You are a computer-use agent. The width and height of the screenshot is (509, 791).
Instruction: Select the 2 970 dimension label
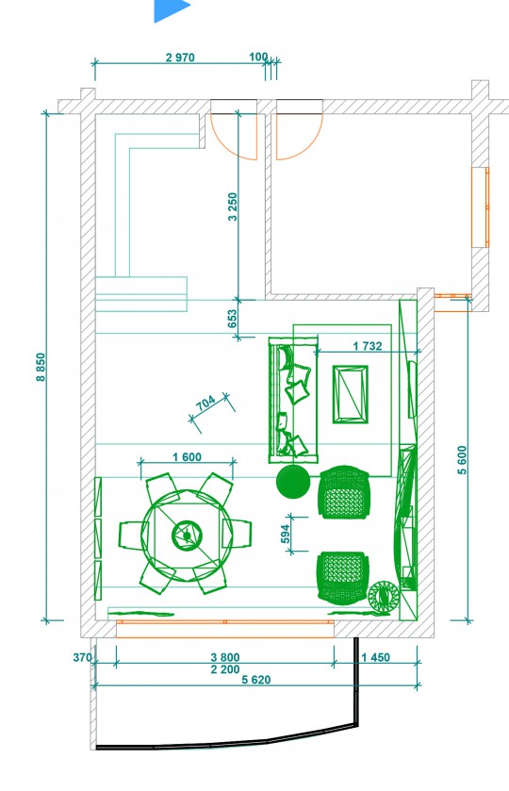[180, 58]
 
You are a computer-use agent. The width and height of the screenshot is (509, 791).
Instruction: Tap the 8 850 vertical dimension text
[41, 367]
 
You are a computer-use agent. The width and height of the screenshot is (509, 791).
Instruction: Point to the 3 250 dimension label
[232, 206]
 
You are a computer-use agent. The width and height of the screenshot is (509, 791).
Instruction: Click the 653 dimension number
[232, 319]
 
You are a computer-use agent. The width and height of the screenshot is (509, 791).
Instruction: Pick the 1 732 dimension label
[368, 346]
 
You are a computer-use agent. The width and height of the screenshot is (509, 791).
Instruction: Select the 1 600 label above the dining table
[187, 457]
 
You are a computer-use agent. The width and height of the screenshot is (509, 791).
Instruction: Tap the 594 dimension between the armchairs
[285, 535]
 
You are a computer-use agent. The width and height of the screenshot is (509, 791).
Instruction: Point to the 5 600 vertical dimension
[462, 459]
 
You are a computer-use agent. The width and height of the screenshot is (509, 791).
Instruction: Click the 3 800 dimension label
[225, 657]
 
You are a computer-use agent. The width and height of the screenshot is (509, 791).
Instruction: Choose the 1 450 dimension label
[375, 657]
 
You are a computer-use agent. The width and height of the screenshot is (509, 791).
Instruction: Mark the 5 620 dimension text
[255, 680]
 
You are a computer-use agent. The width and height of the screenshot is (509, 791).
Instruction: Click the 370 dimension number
[82, 657]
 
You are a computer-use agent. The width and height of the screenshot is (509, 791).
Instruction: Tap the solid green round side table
[293, 482]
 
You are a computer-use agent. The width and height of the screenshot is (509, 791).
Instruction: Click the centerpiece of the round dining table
[188, 535]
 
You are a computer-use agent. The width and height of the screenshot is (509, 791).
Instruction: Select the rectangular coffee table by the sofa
[350, 394]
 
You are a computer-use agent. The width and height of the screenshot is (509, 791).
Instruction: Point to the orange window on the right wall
[480, 207]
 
